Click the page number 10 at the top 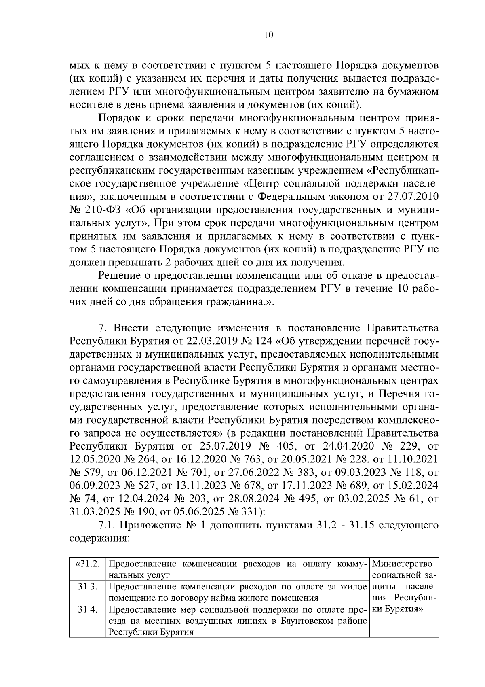(x=268, y=35)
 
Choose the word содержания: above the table (x=99, y=539)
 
